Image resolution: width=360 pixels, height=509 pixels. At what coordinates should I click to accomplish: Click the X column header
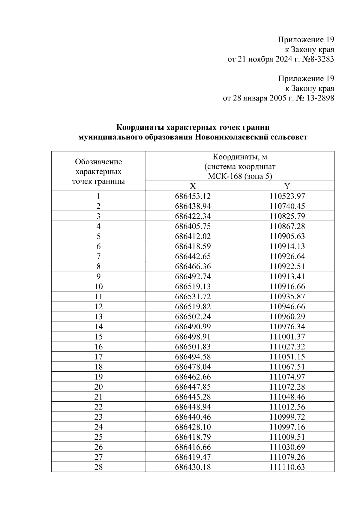click(x=193, y=186)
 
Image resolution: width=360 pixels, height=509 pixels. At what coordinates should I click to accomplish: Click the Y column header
click(x=287, y=186)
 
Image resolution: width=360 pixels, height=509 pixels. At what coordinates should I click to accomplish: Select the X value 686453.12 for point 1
click(x=193, y=196)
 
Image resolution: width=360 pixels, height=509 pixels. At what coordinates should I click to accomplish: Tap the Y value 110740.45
click(x=287, y=206)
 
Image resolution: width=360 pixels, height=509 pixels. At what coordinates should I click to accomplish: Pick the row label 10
click(x=98, y=286)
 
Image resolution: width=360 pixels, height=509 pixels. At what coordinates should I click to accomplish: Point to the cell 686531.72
click(x=193, y=297)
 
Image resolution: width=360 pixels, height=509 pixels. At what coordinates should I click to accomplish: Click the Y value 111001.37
click(x=287, y=337)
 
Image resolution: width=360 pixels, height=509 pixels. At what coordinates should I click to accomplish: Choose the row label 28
click(x=98, y=467)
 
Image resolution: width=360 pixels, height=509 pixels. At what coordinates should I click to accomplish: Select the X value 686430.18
click(x=193, y=467)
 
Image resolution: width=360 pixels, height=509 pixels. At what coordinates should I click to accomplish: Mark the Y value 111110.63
click(x=287, y=467)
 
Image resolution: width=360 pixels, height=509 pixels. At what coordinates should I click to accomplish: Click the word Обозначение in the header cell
click(x=98, y=162)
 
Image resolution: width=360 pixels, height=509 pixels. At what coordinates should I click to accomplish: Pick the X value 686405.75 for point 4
click(x=193, y=226)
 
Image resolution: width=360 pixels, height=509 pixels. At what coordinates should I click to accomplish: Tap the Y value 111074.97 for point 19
click(x=287, y=377)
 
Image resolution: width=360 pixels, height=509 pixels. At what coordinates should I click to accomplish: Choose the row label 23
click(x=98, y=417)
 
